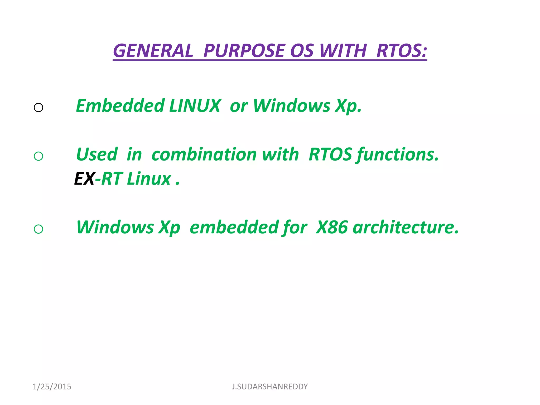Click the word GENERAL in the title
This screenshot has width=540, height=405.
pos(153,51)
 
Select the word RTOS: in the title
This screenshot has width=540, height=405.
pos(401,51)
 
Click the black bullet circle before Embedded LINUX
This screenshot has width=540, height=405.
pos(38,108)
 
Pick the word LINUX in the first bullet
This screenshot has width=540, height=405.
pos(195,106)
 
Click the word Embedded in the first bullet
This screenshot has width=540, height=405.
pos(120,106)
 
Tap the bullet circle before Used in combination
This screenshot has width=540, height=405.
pos(38,156)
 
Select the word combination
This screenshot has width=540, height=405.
pos(204,155)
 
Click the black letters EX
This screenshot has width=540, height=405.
pos(84,179)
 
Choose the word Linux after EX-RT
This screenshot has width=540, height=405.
pos(149,179)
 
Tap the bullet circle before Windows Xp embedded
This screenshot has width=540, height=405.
pos(38,229)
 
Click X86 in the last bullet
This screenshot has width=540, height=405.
pos(332,227)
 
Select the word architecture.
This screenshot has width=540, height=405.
pos(406,227)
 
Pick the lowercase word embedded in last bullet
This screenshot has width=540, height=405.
pos(234,227)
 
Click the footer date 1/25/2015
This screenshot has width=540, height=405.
pos(52,387)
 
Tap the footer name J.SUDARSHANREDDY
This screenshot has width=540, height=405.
pos(270,387)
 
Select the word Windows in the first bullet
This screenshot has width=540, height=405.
pos(291,106)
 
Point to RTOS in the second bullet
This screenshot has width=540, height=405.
pos(330,155)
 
